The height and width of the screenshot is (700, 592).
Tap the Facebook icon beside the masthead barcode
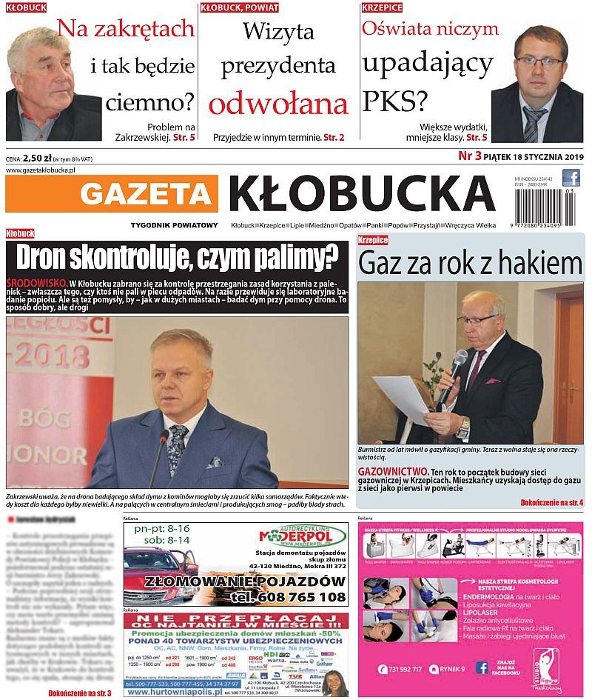tap(571, 178)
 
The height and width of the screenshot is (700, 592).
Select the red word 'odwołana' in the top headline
tap(277, 104)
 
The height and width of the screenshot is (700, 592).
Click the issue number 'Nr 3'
tap(470, 156)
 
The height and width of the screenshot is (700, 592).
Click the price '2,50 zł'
tap(38, 158)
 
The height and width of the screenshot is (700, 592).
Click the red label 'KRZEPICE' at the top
tap(382, 7)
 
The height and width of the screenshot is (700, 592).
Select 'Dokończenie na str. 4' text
tap(551, 503)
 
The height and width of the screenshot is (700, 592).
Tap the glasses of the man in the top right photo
tap(539, 61)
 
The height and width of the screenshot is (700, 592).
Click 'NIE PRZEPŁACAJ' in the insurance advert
tap(235, 619)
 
